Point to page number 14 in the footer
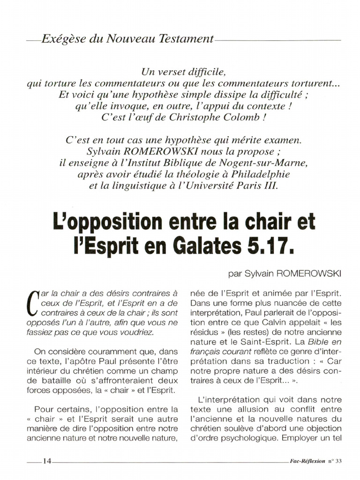tap(47, 461)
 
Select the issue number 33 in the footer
tap(339, 461)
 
